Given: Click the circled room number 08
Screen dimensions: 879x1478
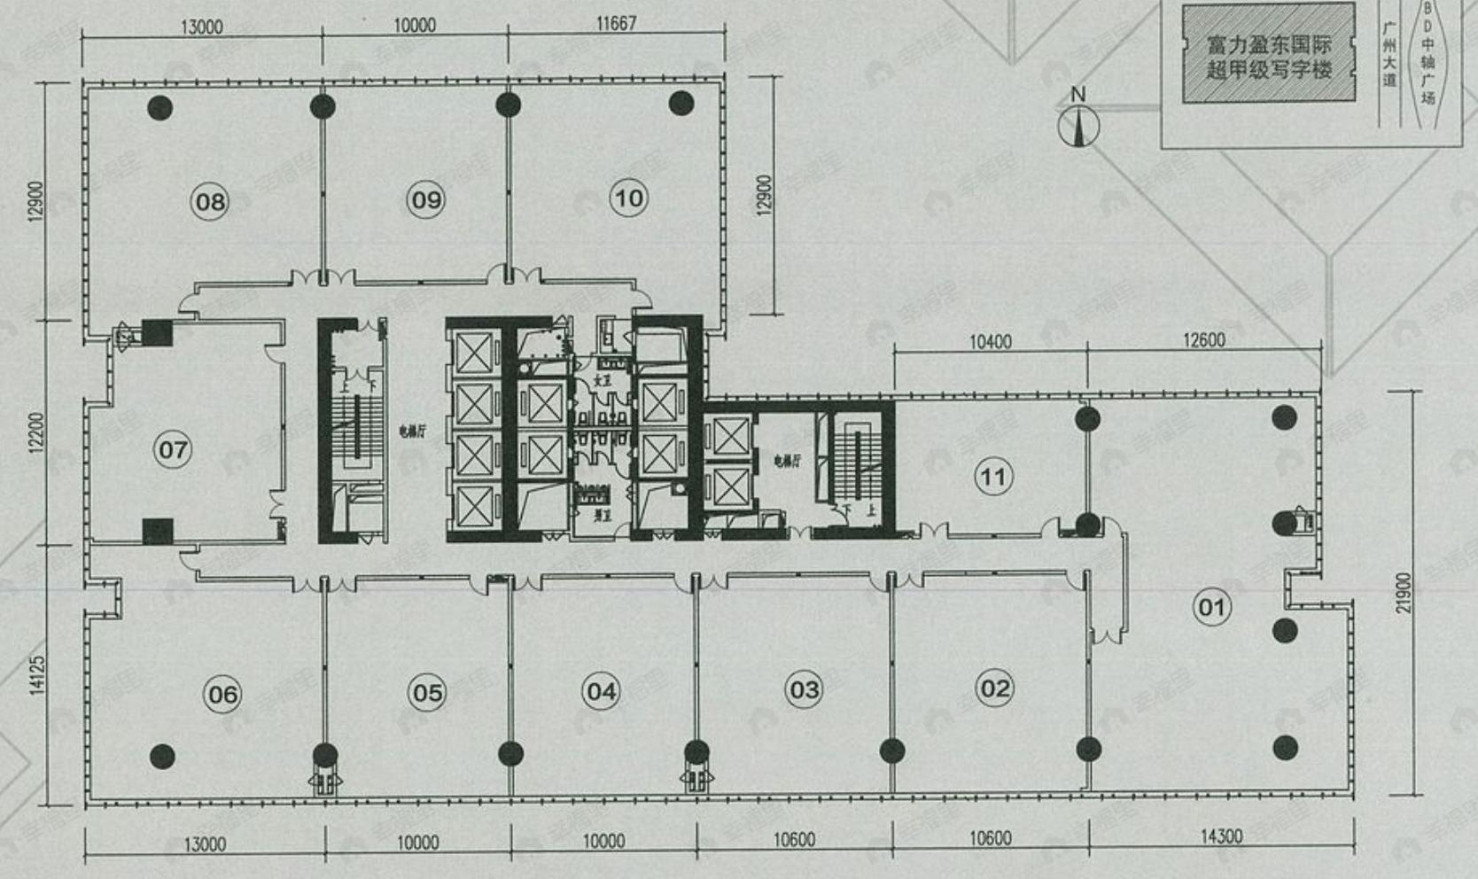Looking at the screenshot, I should pos(210,202).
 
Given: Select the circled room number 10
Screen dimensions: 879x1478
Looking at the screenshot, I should pos(629,198).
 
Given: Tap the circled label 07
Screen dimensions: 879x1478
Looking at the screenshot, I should pos(173,450).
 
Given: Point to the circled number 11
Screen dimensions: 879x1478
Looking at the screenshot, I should pos(992,478).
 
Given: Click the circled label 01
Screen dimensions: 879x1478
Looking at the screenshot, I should pos(1211,608).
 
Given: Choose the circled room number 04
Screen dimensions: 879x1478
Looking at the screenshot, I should pos(602,691).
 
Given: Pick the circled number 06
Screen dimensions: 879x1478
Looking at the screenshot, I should pos(222,694).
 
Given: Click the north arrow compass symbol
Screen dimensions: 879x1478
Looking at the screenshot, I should pos(1078,123).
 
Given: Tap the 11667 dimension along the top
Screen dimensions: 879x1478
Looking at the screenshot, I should pos(616,23).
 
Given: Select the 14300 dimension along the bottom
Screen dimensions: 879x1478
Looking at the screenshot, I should pos(1221,836).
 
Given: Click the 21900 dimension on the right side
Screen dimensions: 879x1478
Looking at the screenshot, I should pos(1402,593).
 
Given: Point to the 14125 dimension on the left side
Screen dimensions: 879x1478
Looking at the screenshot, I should pos(37,674).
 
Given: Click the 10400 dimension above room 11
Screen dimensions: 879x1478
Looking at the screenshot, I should pos(990,341).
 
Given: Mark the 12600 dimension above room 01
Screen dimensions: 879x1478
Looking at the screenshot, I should pos(1203,340).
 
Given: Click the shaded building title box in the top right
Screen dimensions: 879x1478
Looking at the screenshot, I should pos(1268,53).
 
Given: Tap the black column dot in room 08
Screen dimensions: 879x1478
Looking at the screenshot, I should pos(160,108).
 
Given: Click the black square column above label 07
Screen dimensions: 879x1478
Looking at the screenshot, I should pos(157,333).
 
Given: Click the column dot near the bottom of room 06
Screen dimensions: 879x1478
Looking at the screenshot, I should pos(162,756).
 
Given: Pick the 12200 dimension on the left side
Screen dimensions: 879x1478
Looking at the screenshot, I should pos(35,432).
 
